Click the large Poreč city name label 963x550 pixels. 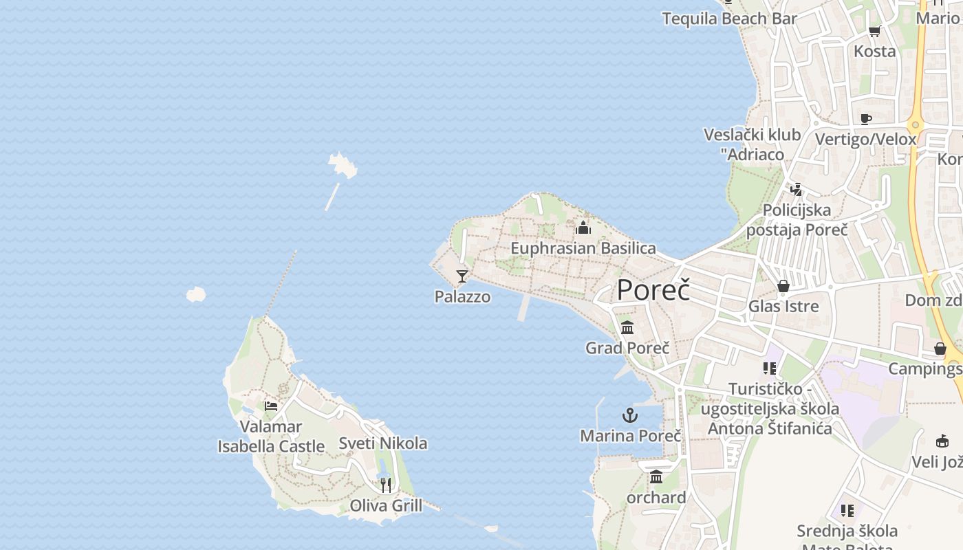click(653, 290)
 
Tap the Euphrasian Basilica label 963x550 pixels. click(583, 248)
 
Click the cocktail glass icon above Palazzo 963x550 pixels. click(462, 276)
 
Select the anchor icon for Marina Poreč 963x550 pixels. click(629, 415)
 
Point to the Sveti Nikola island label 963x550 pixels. click(382, 443)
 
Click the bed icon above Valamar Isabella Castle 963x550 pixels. click(271, 406)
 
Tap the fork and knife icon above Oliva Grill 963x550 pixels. click(386, 485)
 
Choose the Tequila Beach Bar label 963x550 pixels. click(729, 19)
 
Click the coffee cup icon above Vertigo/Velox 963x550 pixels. click(866, 119)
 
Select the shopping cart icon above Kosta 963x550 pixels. click(875, 31)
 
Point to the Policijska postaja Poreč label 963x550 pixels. click(797, 220)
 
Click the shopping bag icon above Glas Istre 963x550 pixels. click(783, 286)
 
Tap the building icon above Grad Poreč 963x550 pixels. click(627, 327)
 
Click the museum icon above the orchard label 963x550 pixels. click(656, 476)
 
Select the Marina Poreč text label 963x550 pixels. click(631, 436)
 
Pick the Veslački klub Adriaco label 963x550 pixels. click(753, 144)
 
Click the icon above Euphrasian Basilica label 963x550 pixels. click(583, 228)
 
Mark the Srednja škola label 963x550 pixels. click(847, 531)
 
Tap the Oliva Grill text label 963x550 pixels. click(386, 506)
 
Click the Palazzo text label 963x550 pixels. click(462, 297)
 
